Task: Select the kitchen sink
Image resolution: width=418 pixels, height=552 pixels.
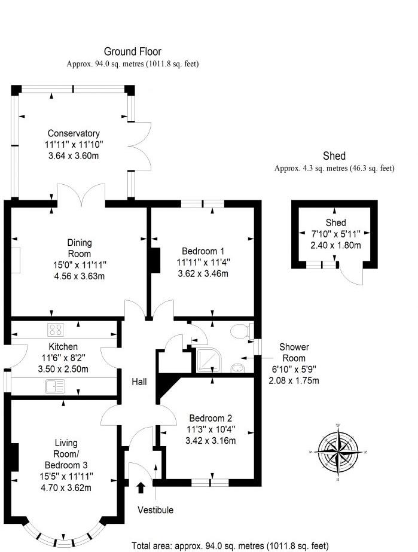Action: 54,387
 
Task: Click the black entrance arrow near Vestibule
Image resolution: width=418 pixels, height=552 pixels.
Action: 141,487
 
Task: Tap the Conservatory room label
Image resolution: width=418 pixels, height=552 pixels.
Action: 74,133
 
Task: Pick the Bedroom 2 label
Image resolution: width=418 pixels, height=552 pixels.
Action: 210,419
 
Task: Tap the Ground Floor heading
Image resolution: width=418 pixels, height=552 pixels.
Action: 132,52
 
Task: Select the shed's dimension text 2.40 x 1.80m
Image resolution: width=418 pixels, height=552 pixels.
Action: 335,245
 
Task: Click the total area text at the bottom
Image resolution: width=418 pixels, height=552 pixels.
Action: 230,545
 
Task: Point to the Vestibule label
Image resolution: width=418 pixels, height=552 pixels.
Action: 155,510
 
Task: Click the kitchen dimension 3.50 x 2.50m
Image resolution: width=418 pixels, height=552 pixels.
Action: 63,369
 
